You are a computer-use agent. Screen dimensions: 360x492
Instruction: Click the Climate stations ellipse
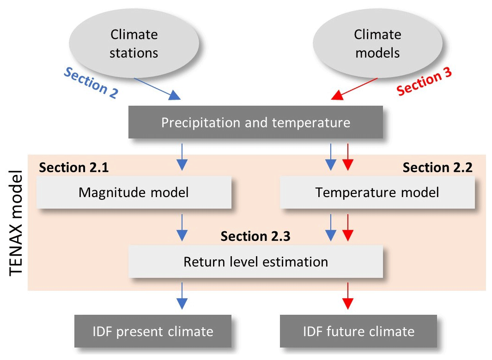[134, 43]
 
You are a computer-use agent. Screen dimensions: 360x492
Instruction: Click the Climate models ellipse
[377, 43]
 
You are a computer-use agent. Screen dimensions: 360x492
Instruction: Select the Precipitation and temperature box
[255, 122]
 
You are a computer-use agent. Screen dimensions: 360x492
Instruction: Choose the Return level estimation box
[255, 262]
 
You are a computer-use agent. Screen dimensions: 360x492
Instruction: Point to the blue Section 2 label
[91, 83]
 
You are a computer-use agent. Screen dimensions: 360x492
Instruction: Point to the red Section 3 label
[424, 81]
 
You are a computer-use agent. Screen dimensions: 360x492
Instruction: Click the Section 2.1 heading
[74, 167]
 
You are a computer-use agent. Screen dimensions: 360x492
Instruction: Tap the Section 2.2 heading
[437, 167]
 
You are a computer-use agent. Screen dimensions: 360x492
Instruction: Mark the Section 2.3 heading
[255, 236]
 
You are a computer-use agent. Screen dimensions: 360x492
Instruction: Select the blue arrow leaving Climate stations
[157, 89]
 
